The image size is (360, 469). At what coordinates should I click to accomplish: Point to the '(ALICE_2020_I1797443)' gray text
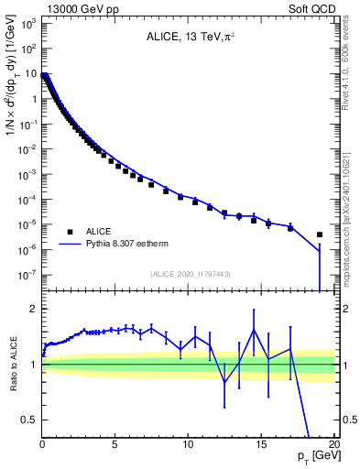point(190,274)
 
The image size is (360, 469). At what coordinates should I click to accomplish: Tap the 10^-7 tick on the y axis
point(27,274)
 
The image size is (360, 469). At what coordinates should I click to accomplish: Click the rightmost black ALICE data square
point(320,234)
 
